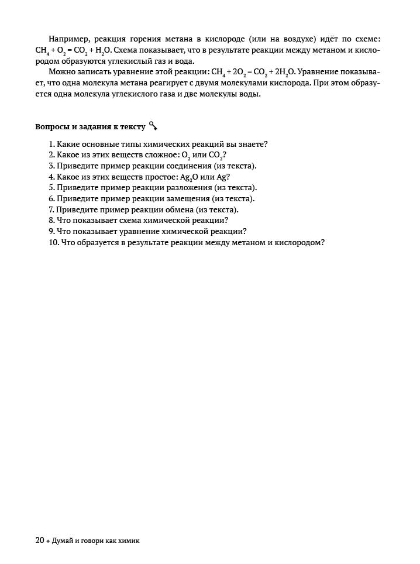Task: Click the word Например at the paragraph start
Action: tap(67, 39)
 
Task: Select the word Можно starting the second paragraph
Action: tap(61, 73)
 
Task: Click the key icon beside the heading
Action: tap(153, 126)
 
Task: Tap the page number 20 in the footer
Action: tap(40, 541)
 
